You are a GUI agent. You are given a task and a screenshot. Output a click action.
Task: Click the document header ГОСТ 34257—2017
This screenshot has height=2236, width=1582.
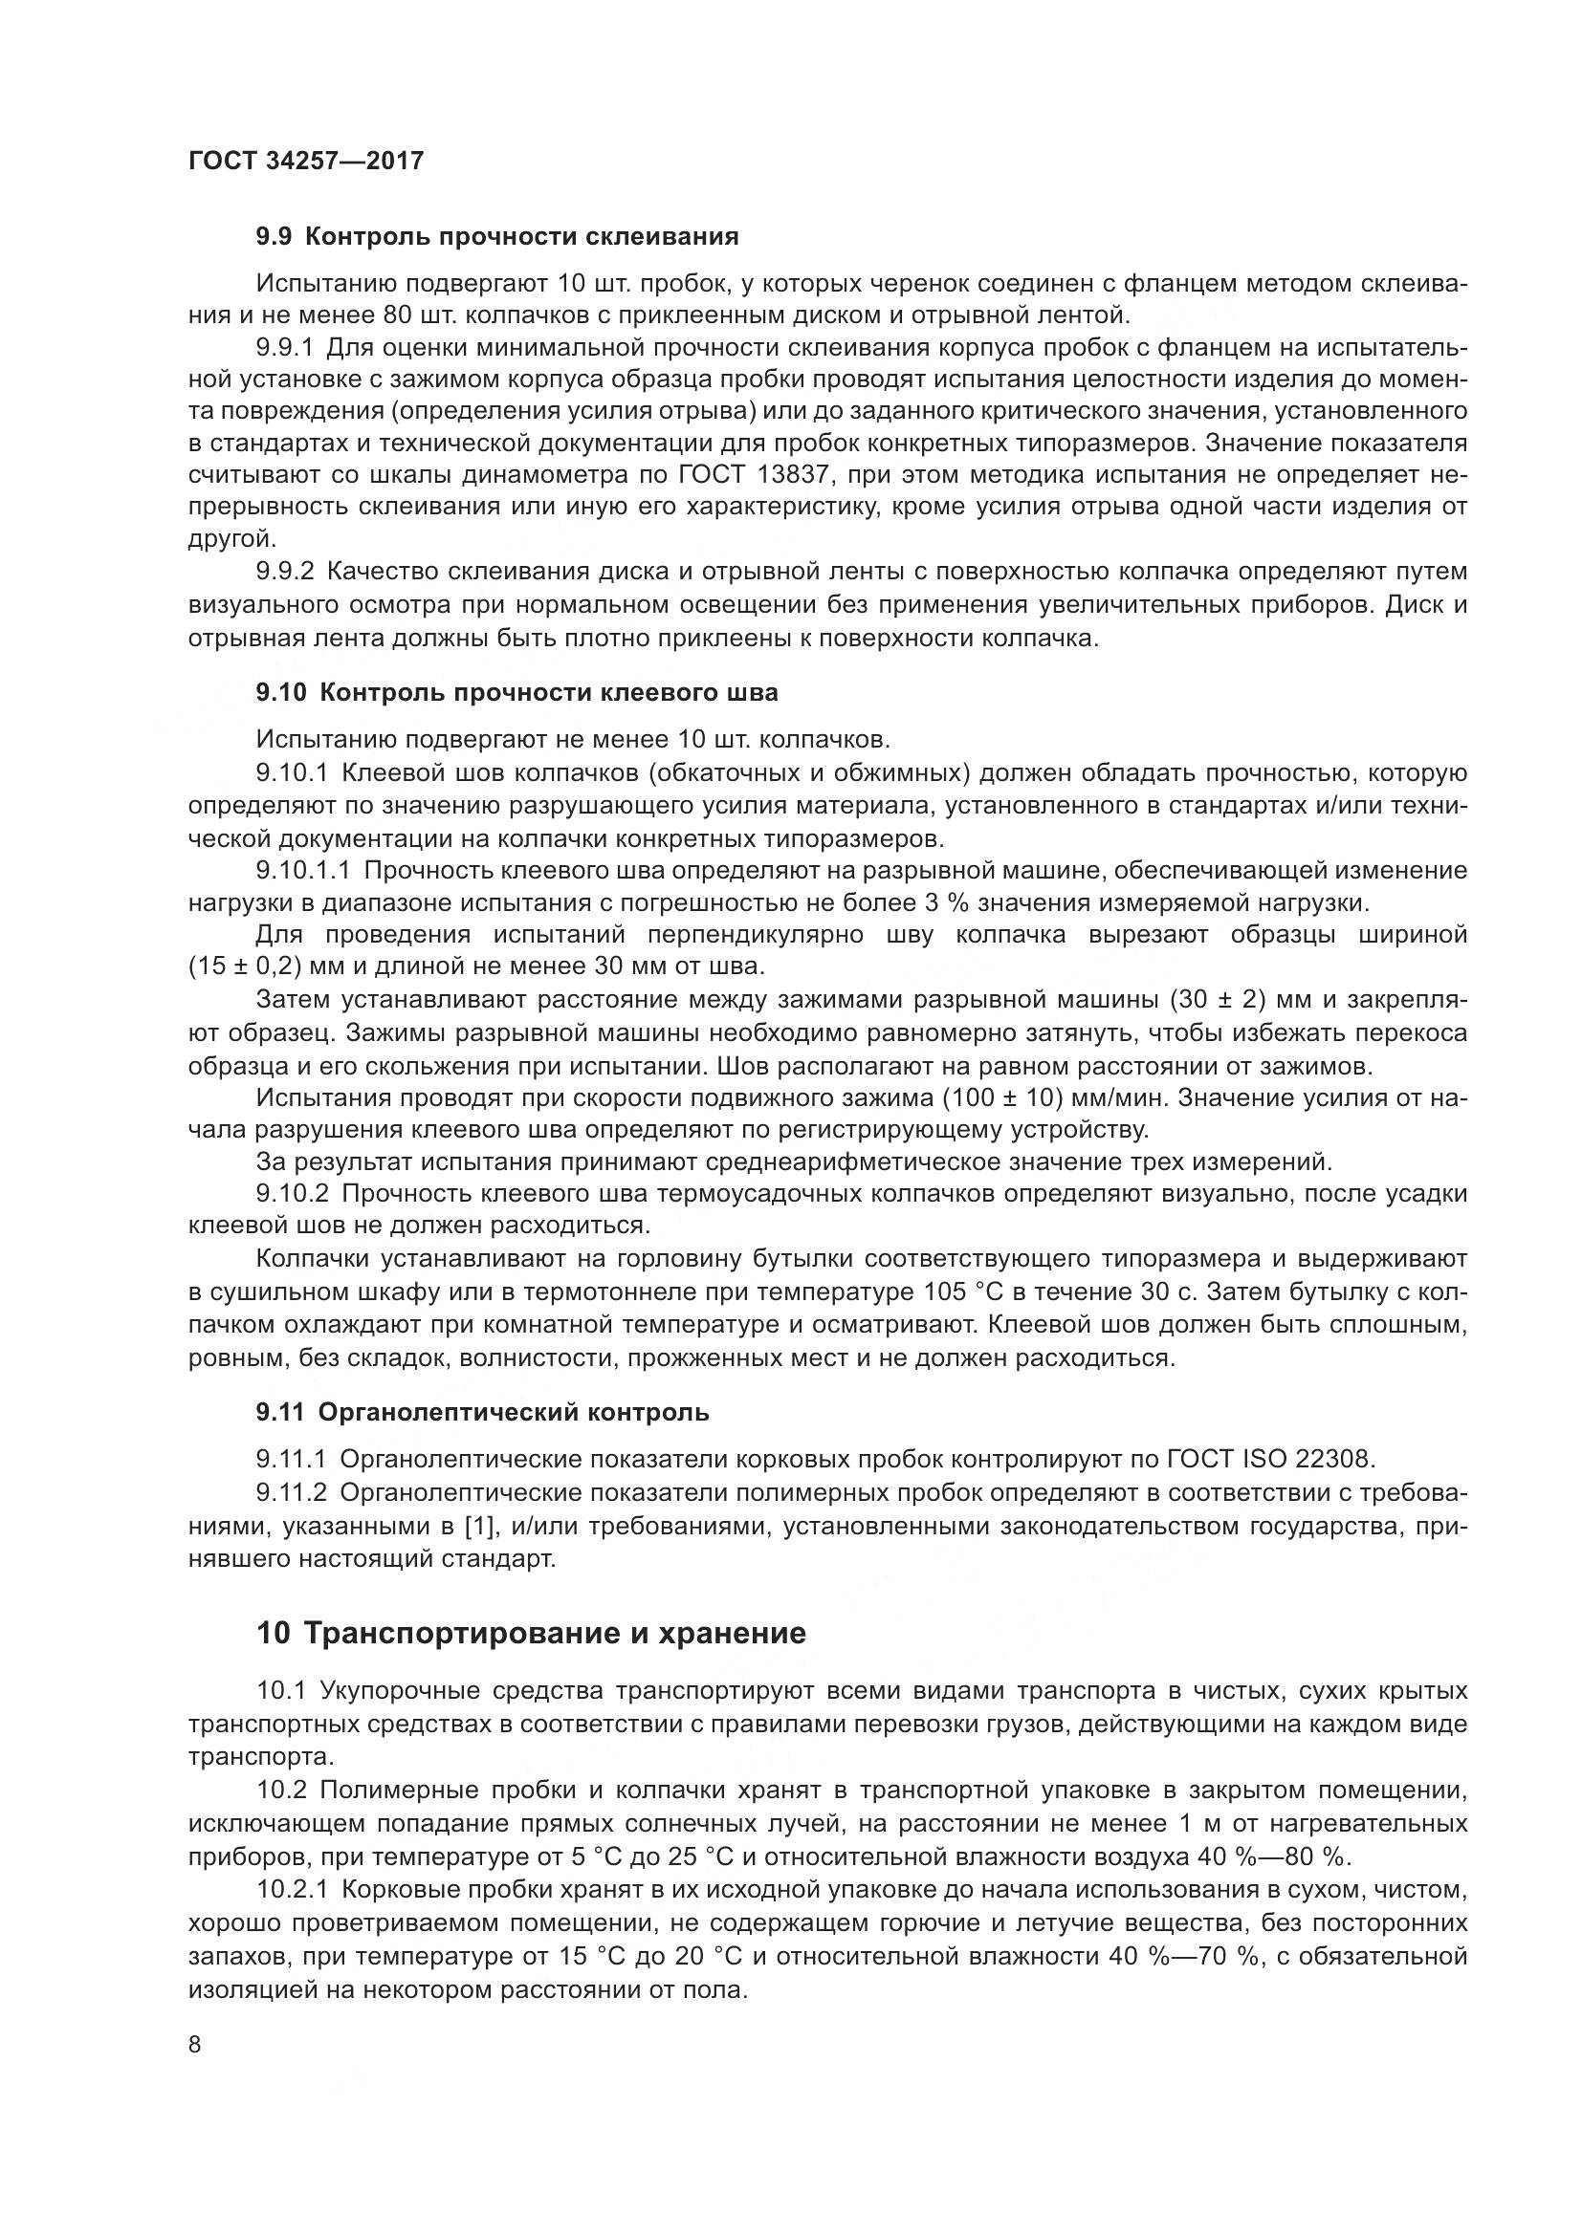[306, 161]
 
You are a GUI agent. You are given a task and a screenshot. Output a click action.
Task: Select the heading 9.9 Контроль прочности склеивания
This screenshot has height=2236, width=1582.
[496, 237]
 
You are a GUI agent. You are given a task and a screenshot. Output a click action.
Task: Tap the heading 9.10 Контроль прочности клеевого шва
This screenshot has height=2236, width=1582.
[516, 692]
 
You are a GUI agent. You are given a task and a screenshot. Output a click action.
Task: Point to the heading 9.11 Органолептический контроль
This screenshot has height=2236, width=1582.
[482, 1412]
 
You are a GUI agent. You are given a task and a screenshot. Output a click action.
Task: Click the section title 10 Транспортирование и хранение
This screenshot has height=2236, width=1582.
[531, 1633]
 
